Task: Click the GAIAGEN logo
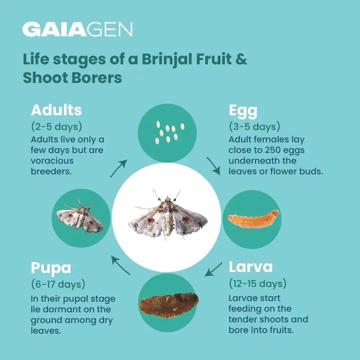77,29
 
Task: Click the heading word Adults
56,110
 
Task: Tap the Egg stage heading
243,111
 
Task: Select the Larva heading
251,267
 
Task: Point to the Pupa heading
51,268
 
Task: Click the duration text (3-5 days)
254,127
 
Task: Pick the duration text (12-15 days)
257,284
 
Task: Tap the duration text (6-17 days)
58,284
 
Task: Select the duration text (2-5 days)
56,127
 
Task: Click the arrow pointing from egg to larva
213,165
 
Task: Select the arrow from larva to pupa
213,269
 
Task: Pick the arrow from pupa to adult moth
120,265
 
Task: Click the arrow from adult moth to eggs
119,168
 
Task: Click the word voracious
52,161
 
